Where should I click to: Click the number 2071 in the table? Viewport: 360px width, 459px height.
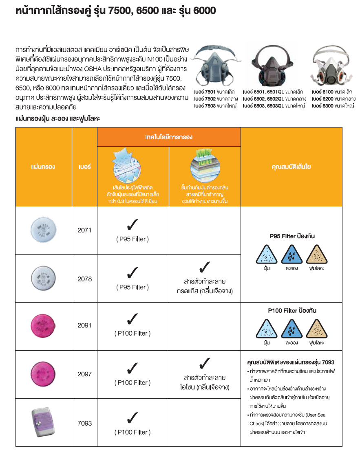click(x=84, y=230)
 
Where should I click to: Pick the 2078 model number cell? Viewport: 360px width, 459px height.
click(x=84, y=279)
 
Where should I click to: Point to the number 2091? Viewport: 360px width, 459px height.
click(x=84, y=325)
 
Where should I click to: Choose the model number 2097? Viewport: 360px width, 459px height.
click(x=84, y=374)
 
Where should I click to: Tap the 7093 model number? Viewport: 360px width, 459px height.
click(x=84, y=423)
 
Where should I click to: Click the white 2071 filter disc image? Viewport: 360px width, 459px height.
click(x=43, y=230)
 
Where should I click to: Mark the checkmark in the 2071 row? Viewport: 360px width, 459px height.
click(x=133, y=224)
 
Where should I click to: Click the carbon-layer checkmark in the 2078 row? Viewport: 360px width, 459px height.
click(x=204, y=267)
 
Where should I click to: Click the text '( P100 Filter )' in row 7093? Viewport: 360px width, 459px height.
click(x=133, y=432)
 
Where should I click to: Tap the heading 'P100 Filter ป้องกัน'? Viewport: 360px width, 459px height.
click(x=292, y=310)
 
